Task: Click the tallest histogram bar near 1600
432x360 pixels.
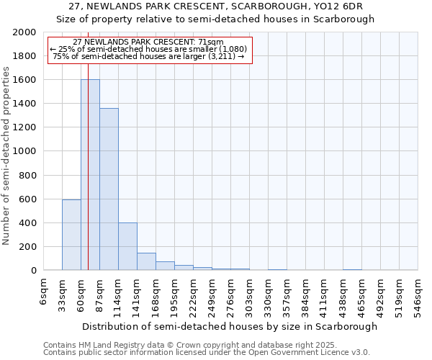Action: pyautogui.click(x=90, y=175)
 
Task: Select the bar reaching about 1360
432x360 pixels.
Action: pyautogui.click(x=109, y=189)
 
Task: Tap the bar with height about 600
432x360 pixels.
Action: pyautogui.click(x=71, y=235)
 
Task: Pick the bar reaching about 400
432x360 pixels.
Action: pyautogui.click(x=127, y=246)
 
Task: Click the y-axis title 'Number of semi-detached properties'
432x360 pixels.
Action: pyautogui.click(x=6, y=156)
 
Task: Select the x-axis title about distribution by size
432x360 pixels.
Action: pyautogui.click(x=229, y=326)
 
